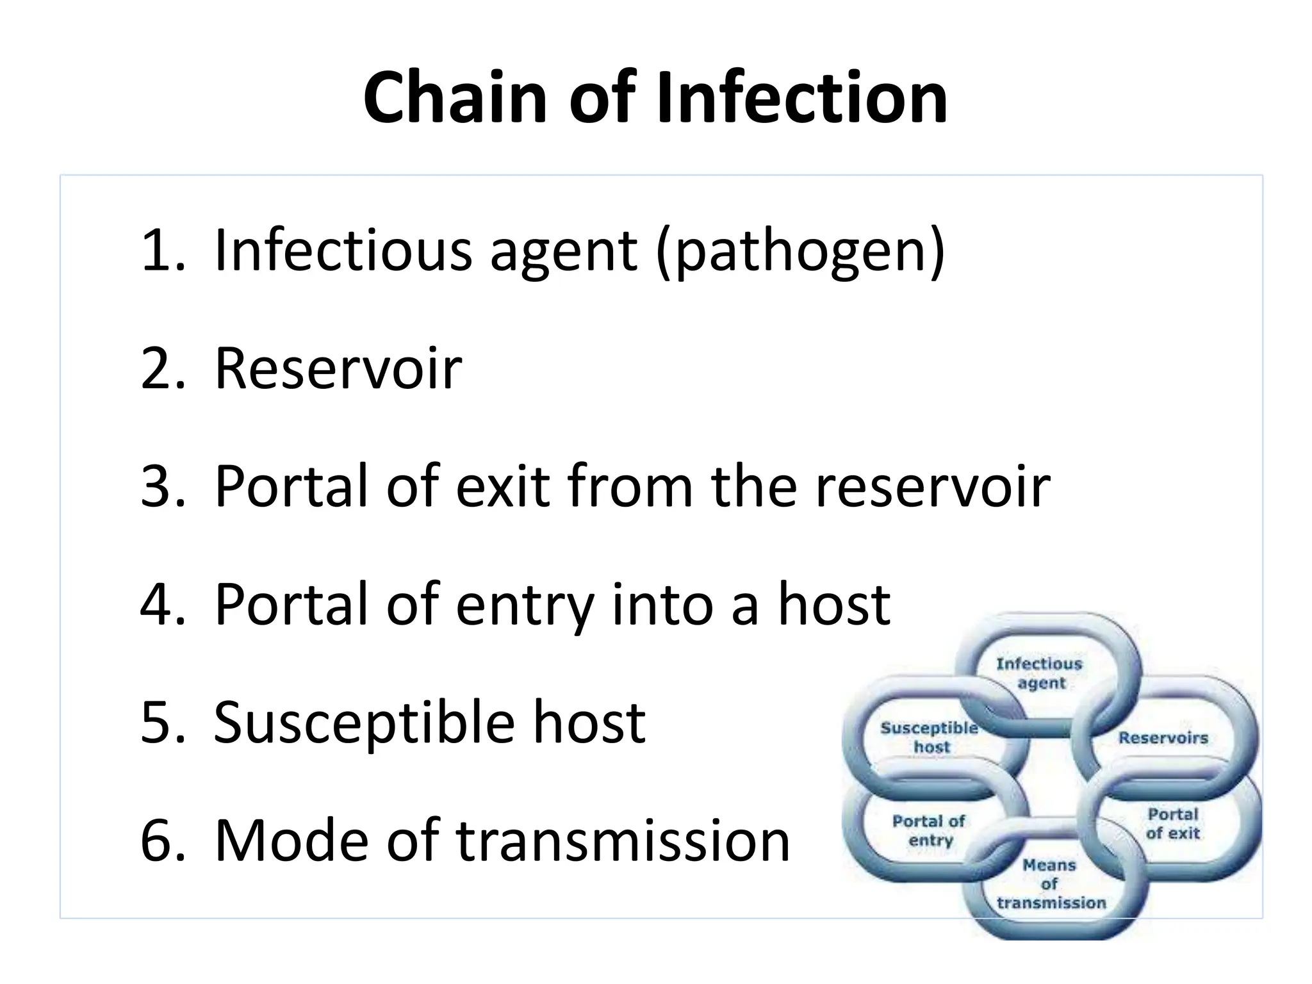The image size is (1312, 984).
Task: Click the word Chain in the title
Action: (x=455, y=98)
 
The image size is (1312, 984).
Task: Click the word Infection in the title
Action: (x=801, y=98)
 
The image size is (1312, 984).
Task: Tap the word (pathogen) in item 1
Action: (x=800, y=251)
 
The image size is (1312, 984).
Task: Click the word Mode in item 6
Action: (x=291, y=840)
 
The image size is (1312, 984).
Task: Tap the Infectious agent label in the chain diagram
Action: (x=1039, y=673)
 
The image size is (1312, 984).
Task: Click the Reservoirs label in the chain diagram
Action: (x=1163, y=738)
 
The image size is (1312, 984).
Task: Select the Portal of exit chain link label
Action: (x=1172, y=823)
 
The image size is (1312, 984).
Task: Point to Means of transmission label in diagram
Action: (x=1051, y=884)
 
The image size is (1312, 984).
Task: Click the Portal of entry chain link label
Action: (x=929, y=830)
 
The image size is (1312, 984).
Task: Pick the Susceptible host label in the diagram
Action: (x=930, y=737)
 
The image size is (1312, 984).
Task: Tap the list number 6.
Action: (x=162, y=840)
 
